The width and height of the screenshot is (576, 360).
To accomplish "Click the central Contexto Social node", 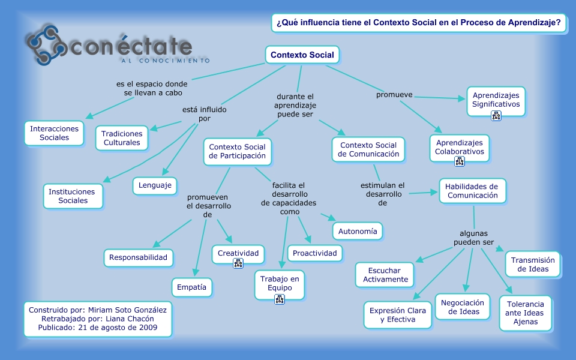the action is tap(302, 55).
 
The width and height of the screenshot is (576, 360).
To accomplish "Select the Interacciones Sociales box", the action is tap(55, 133).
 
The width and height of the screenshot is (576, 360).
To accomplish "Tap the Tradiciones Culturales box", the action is tap(122, 138).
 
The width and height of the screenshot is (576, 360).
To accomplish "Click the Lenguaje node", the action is tap(155, 185).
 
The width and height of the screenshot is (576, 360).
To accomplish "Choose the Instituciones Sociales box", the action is tap(73, 196).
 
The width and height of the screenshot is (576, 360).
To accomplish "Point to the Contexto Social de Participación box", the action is tap(238, 151).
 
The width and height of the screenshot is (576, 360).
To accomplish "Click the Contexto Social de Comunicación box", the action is tap(368, 149).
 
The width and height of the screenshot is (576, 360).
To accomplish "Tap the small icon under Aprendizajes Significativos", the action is tap(496, 116).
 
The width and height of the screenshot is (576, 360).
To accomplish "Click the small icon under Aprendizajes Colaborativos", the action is tap(459, 161).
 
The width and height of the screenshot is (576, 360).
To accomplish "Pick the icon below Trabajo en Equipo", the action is tap(280, 299).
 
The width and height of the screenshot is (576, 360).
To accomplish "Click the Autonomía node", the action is tap(358, 232).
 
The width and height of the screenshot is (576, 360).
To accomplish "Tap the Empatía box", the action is tap(191, 287).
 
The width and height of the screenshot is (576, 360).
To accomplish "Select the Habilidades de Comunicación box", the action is tap(472, 191).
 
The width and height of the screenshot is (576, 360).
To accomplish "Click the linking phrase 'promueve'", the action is tap(394, 95).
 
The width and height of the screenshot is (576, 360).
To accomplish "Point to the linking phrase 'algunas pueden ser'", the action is tap(473, 238).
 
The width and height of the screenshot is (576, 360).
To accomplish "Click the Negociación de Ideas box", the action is tap(463, 307).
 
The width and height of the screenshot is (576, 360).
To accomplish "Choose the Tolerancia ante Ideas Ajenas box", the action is tap(526, 313).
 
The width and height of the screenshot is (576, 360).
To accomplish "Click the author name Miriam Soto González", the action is tap(127, 310).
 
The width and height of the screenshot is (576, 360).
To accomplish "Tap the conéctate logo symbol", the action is tap(46, 45).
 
